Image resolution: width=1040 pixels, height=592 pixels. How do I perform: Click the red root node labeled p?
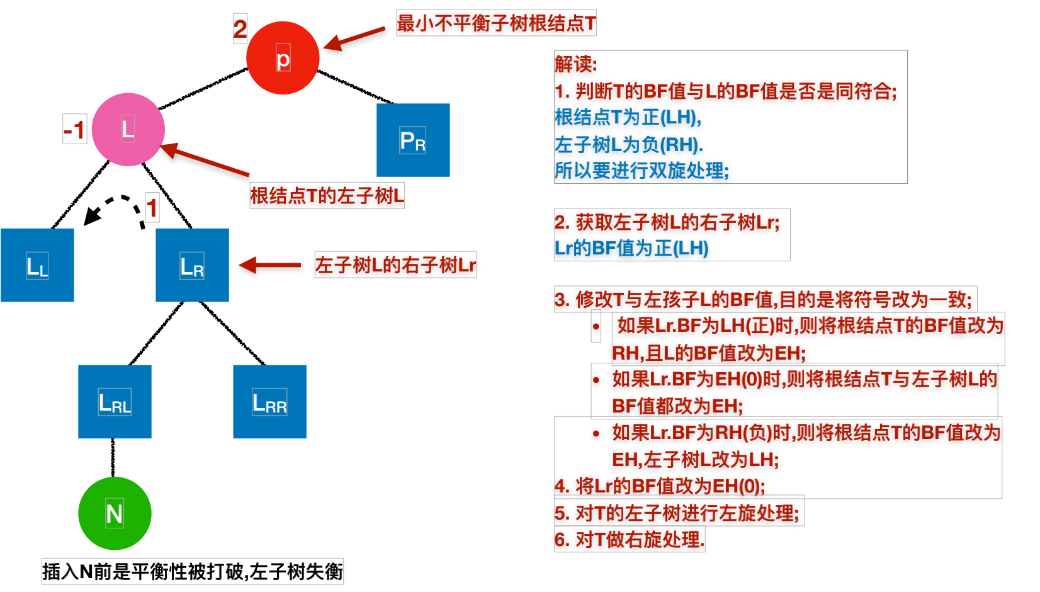tap(283, 58)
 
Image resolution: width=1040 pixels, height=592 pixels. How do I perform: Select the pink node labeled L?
tap(128, 130)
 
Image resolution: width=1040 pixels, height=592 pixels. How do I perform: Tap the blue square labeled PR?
tap(413, 140)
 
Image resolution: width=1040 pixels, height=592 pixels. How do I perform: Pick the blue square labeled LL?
tap(37, 265)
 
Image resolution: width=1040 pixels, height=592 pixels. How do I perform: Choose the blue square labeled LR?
tap(192, 265)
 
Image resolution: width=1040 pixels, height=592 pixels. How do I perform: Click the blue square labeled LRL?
tap(115, 402)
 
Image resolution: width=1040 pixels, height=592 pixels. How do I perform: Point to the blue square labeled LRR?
tap(269, 402)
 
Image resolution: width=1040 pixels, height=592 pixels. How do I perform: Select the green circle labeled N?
tap(115, 513)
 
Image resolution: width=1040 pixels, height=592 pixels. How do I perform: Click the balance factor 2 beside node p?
tap(240, 29)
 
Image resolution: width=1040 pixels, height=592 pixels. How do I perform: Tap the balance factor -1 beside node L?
tap(74, 130)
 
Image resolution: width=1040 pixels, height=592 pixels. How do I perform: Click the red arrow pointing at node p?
tap(354, 38)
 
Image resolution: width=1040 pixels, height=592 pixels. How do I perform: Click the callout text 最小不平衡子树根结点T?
tap(496, 23)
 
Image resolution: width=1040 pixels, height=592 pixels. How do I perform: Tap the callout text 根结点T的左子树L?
tap(327, 196)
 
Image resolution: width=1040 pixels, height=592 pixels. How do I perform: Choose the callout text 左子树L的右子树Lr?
tap(395, 265)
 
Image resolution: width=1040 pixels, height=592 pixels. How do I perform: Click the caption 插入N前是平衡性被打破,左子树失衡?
tap(193, 572)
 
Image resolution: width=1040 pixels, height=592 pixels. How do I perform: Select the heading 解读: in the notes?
tap(576, 64)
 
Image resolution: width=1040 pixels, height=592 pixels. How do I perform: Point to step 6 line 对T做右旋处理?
tap(629, 540)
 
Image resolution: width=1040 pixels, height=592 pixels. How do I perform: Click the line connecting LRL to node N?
tap(113, 458)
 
